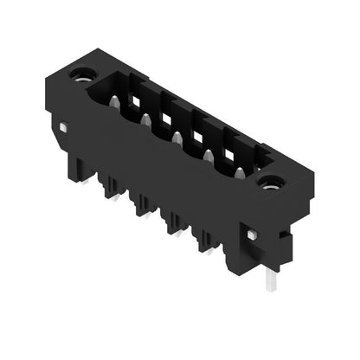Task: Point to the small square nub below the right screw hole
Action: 252,235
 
